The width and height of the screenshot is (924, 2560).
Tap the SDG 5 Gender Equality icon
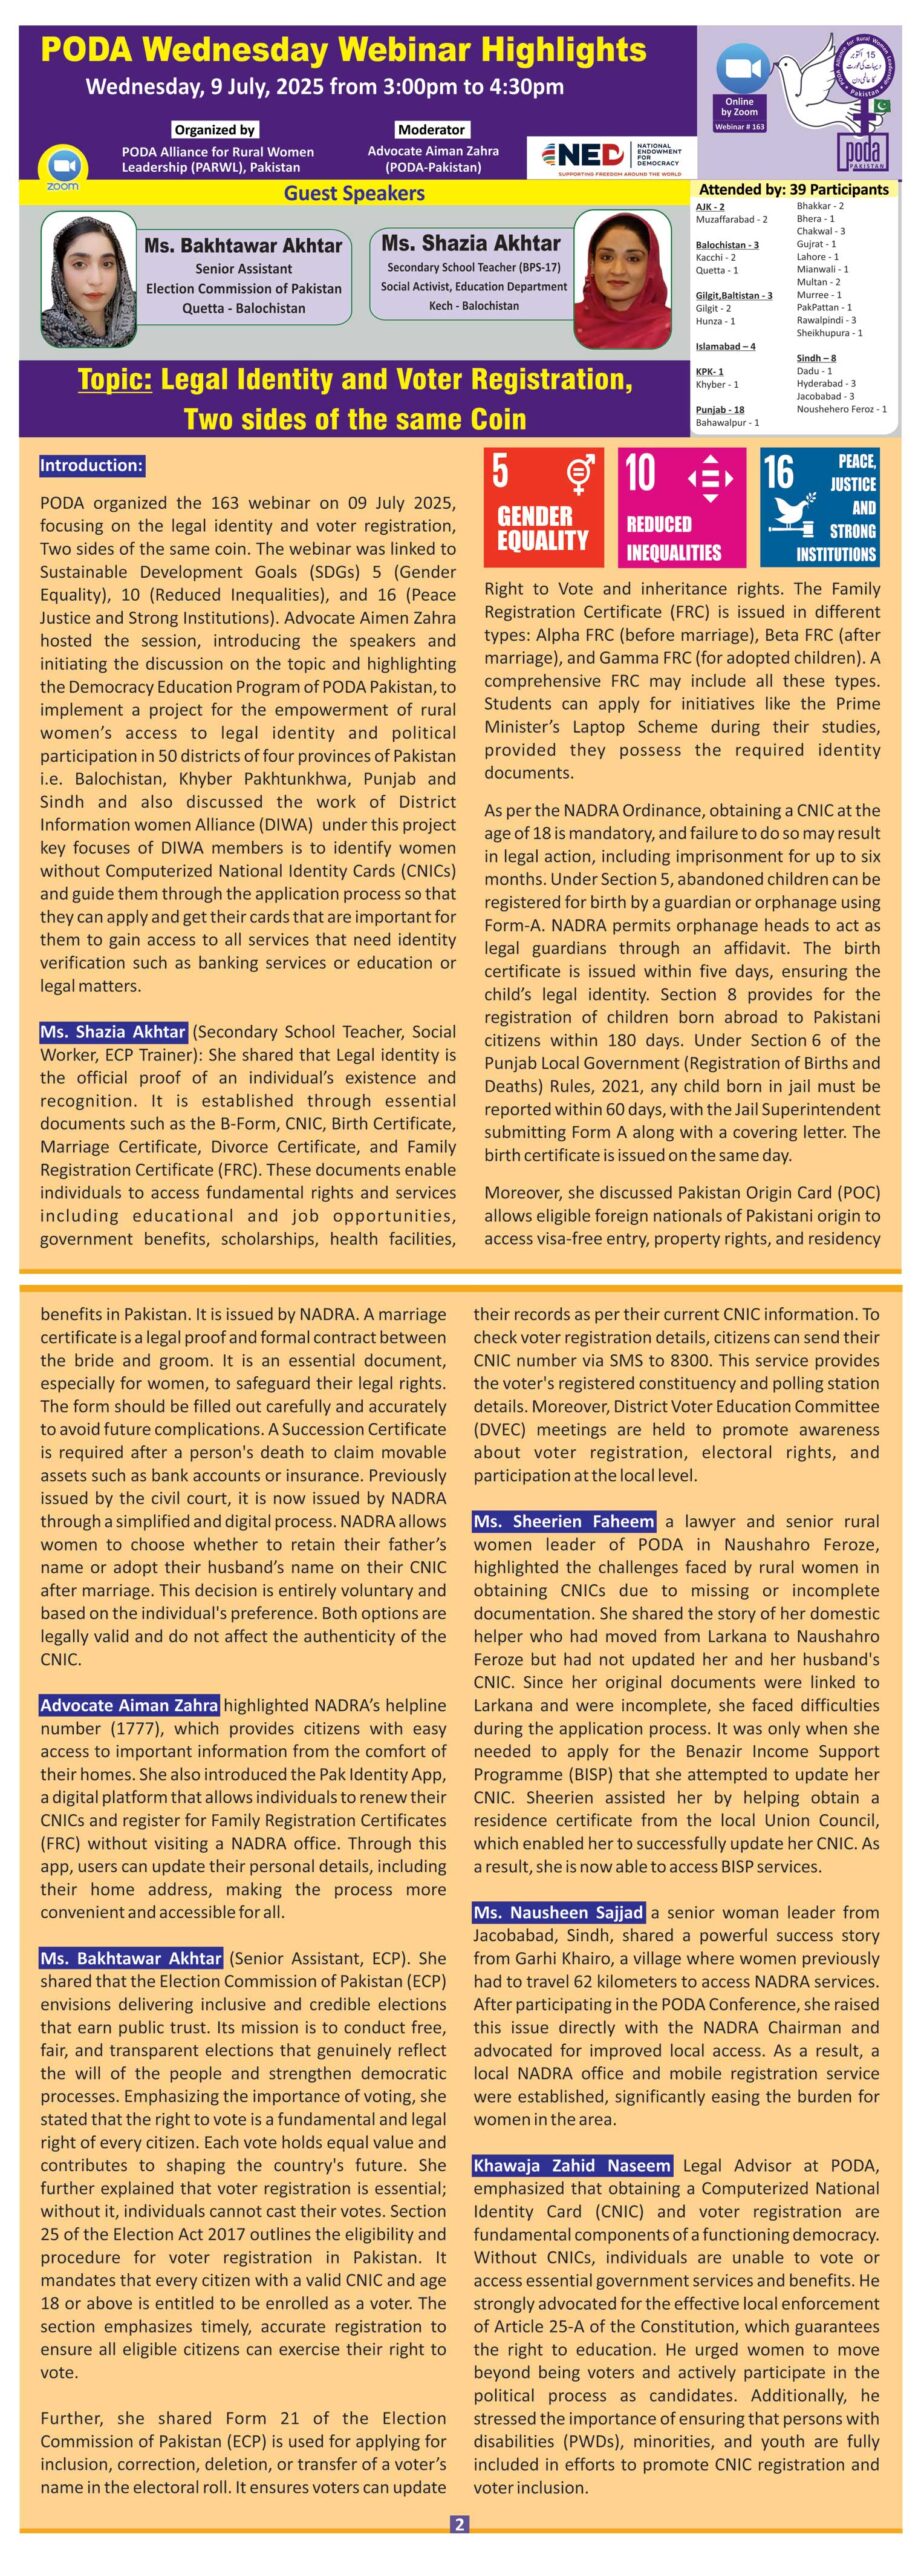(x=543, y=507)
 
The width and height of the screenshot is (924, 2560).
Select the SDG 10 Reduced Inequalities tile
(x=681, y=507)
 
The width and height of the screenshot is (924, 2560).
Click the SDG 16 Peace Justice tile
(x=819, y=507)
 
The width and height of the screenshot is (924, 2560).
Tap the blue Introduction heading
(x=92, y=465)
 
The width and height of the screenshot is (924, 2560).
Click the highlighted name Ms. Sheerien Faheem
(x=565, y=1521)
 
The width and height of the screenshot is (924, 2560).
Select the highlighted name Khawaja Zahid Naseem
(x=572, y=2165)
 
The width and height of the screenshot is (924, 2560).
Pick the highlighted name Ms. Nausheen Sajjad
(x=559, y=1912)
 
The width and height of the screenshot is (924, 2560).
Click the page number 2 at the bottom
(x=460, y=2524)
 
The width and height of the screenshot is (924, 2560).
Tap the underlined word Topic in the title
(x=114, y=380)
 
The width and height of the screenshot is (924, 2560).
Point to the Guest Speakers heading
(x=354, y=193)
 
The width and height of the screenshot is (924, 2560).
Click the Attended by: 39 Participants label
(x=793, y=189)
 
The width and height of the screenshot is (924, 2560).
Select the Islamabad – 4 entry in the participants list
(x=725, y=346)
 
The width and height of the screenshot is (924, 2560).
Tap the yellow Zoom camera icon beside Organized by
(x=62, y=165)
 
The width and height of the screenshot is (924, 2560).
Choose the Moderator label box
(x=431, y=129)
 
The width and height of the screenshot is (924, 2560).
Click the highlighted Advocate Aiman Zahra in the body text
(x=129, y=1705)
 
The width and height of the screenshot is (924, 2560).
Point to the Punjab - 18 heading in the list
(x=720, y=410)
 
